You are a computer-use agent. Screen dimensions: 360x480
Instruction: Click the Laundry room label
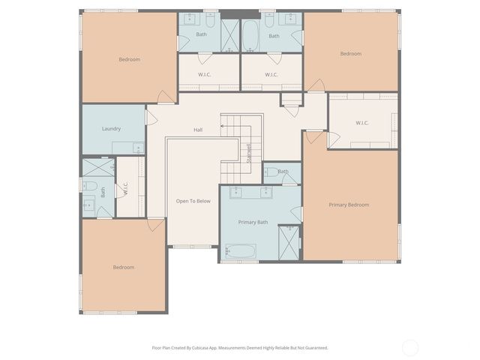(x=111, y=128)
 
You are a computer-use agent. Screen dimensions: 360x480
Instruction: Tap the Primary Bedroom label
(x=349, y=204)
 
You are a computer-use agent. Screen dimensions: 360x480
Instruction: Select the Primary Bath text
(x=253, y=222)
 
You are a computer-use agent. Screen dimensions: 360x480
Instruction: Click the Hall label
(x=198, y=130)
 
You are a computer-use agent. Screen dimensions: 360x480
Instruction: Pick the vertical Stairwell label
(x=249, y=153)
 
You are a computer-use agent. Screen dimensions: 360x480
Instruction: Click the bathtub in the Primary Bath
(x=240, y=250)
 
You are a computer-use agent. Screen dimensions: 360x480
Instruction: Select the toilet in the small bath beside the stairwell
(x=271, y=172)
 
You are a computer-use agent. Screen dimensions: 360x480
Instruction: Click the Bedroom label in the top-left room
(x=129, y=59)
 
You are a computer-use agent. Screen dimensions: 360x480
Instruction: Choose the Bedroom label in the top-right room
(x=350, y=53)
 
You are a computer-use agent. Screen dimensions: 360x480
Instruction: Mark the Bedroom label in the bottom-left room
(x=123, y=267)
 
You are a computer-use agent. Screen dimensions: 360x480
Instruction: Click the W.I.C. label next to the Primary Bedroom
(x=362, y=123)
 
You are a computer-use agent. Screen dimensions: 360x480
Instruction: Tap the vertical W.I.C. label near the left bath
(x=126, y=190)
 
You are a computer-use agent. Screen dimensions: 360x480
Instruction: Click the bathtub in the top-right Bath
(x=250, y=34)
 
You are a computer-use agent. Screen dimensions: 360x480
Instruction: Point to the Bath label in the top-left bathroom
(x=202, y=34)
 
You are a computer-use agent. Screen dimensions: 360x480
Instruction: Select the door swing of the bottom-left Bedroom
(x=155, y=224)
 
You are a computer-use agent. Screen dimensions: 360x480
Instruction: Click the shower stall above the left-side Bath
(x=98, y=168)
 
